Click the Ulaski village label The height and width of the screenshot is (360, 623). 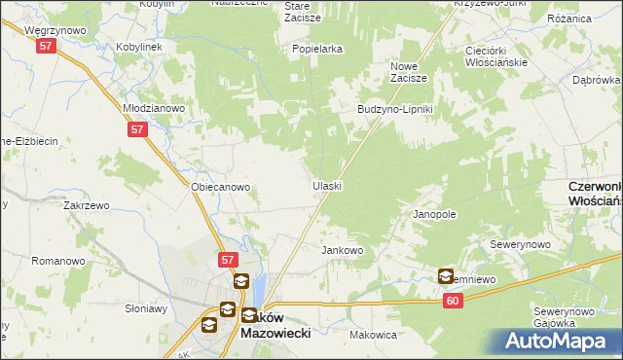(x=326, y=185)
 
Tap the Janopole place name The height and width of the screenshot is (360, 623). (x=434, y=213)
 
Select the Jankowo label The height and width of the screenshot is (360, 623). (x=342, y=250)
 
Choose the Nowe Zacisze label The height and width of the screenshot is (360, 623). (x=409, y=71)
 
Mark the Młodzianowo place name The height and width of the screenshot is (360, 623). (x=154, y=108)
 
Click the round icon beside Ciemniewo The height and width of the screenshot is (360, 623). (x=446, y=276)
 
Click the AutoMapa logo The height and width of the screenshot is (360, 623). (x=558, y=342)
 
